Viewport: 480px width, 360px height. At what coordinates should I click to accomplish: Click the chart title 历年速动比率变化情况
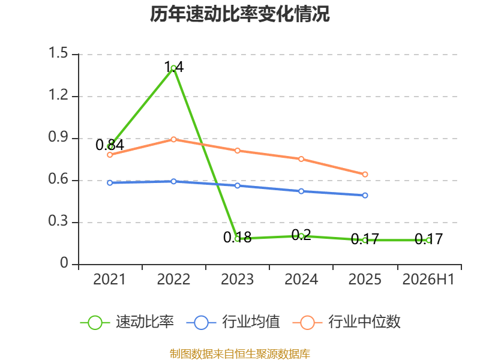coord(239,14)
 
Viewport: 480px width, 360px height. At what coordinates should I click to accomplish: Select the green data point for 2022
coord(173,68)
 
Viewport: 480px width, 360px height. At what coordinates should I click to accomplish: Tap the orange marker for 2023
coord(237,151)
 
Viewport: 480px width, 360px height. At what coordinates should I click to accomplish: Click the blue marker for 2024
coord(301,191)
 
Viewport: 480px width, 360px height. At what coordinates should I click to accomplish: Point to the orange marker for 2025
coord(365,175)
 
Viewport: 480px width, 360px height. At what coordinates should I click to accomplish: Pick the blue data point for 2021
coord(110,183)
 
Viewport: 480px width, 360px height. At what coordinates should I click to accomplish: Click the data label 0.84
coord(110,145)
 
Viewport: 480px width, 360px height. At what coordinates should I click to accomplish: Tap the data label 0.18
coord(237,237)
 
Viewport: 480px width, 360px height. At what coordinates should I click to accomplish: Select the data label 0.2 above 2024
coord(301,235)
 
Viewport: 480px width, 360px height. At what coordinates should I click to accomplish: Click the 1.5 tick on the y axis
coord(58,53)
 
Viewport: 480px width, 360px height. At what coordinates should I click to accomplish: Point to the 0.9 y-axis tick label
coord(58,137)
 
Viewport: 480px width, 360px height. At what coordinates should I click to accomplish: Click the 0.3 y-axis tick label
coord(58,221)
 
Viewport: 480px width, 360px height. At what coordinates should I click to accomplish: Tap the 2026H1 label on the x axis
coord(428,279)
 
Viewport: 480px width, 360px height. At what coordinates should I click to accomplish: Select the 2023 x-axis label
coord(237,279)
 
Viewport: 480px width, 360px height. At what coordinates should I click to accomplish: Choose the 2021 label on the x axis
coord(110,279)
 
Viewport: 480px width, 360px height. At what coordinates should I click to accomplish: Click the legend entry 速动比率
coord(127,322)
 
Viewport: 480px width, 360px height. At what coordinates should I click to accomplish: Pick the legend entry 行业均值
coord(233,322)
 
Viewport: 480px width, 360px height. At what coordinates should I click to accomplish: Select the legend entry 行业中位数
coord(347,322)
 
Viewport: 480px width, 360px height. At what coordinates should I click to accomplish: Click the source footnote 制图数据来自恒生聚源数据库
coord(240,354)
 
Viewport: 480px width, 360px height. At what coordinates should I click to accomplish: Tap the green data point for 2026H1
coord(428,241)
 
